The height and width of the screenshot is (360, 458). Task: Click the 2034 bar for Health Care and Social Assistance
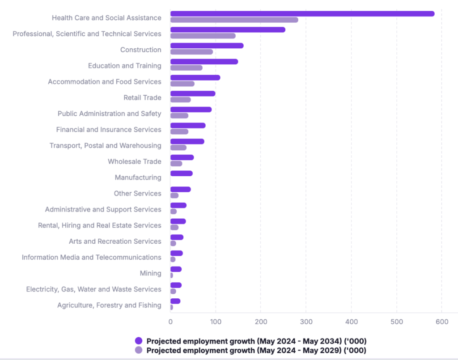[302, 13]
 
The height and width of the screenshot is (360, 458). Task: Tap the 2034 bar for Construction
[207, 46]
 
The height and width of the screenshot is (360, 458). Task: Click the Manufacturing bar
[181, 174]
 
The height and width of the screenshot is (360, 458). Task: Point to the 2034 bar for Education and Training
[204, 62]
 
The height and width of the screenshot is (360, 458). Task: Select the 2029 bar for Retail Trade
[180, 100]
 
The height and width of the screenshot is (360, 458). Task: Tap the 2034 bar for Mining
[176, 269]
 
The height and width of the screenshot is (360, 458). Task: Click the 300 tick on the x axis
[306, 322]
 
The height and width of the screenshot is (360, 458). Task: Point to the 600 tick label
[441, 322]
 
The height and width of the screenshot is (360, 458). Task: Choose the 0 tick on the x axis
[170, 322]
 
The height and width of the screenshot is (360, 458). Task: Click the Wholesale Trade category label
[134, 161]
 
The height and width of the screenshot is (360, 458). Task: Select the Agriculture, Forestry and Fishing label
[109, 305]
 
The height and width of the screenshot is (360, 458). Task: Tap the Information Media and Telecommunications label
[91, 258]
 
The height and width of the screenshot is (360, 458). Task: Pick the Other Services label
[137, 194]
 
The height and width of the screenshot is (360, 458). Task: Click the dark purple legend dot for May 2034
[139, 341]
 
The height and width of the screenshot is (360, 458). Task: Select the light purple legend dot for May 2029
[139, 351]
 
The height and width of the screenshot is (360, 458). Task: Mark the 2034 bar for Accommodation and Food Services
[195, 78]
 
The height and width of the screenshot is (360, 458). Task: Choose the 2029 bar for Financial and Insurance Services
[179, 131]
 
